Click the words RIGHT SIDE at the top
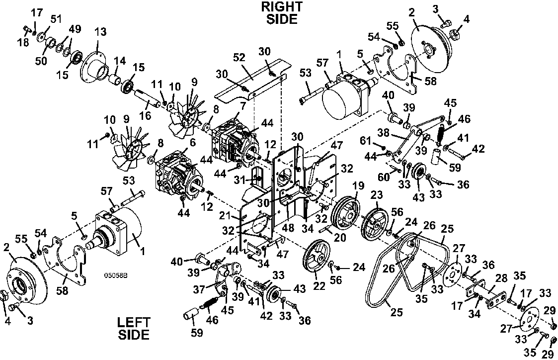(x=282, y=13)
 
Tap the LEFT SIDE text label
(x=134, y=329)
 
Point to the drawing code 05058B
(x=116, y=275)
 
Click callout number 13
(x=100, y=32)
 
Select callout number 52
(x=239, y=57)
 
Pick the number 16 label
(x=145, y=115)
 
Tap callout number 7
(x=242, y=105)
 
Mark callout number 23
(x=377, y=194)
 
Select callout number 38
(x=383, y=132)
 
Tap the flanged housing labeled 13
(x=93, y=68)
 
